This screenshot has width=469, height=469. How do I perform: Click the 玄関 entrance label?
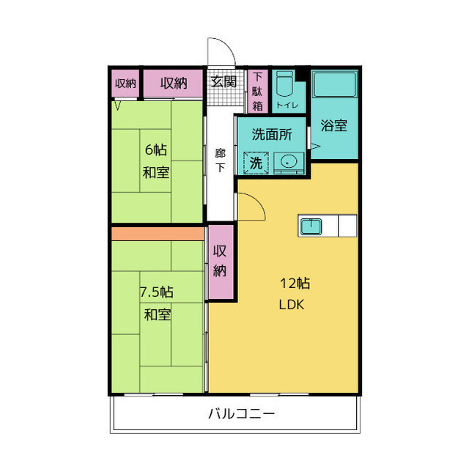(224, 81)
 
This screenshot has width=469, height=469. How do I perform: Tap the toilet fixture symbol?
(284, 84)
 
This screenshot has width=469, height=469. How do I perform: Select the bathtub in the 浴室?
(334, 84)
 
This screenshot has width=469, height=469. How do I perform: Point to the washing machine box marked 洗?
(256, 163)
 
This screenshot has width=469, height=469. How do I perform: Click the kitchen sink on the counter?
(311, 226)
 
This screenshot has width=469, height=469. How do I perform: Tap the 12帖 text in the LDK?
(295, 283)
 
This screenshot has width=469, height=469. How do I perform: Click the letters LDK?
(292, 305)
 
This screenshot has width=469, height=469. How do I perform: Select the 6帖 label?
(156, 149)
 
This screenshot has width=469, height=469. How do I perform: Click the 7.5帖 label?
(156, 292)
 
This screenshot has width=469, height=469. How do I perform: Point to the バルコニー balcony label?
(241, 414)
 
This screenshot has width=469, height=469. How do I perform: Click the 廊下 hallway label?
(221, 160)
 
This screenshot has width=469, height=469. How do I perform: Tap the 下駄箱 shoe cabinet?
(257, 92)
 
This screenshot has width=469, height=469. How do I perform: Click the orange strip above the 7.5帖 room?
(158, 234)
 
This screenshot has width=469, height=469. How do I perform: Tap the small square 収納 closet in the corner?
(125, 84)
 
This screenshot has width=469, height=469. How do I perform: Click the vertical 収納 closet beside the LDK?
(221, 262)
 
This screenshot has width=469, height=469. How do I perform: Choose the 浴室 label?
(334, 125)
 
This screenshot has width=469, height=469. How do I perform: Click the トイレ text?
(287, 106)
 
